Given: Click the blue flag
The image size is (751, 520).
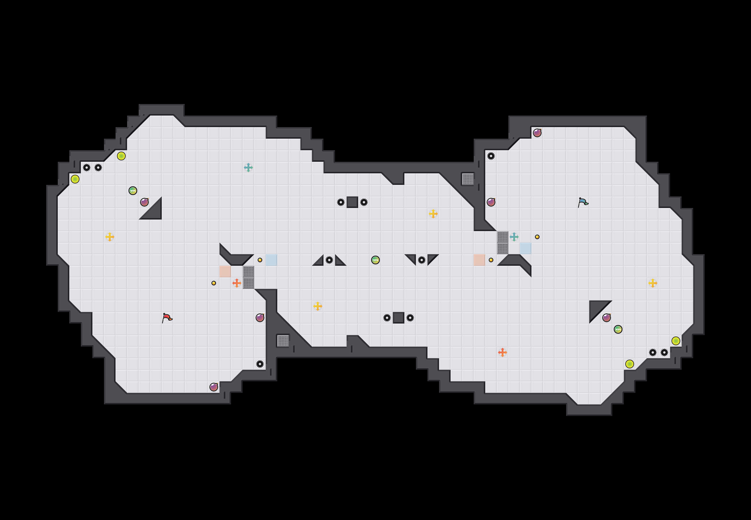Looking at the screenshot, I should click(x=583, y=202).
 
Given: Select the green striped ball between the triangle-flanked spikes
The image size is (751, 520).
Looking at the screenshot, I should click(x=375, y=260).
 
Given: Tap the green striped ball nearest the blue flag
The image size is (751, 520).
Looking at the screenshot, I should click(x=618, y=329).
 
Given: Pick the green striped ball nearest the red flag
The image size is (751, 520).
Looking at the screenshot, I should click(x=133, y=191).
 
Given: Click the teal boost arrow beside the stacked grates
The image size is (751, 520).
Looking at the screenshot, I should click(x=514, y=237).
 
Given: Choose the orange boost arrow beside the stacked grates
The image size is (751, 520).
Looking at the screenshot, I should click(x=237, y=283).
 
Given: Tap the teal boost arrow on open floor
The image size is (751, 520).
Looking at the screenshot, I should click(x=248, y=168).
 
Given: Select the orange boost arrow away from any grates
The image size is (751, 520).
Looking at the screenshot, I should click(x=502, y=352).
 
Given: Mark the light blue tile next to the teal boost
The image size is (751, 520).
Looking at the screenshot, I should click(x=525, y=248).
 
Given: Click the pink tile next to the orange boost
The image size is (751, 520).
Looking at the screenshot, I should click(x=225, y=271).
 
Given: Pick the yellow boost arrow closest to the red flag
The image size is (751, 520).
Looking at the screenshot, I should click(x=110, y=237).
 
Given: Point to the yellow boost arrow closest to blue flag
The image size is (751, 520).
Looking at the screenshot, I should click(x=652, y=283).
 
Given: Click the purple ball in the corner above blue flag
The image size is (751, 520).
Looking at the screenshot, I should click(x=537, y=133).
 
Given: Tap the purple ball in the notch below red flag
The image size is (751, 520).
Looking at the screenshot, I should click(x=214, y=387).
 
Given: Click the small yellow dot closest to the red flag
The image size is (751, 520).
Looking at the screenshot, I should click(x=214, y=283).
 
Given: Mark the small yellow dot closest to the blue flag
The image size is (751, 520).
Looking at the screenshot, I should click(x=537, y=237).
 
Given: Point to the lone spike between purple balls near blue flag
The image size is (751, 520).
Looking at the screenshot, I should click(x=491, y=156).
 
